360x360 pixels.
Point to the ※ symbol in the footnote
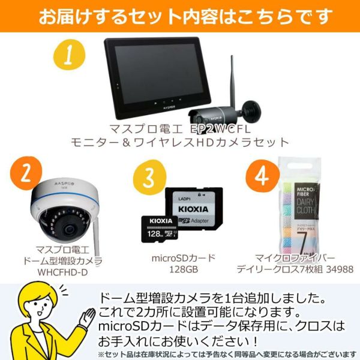click(101, 354)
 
